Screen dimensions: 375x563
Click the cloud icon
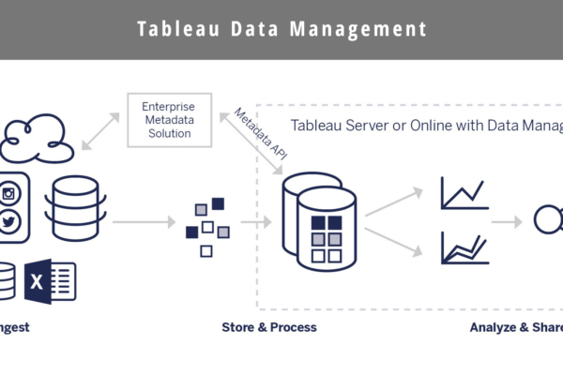tap(38, 138)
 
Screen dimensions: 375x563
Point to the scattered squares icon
tap(208, 224)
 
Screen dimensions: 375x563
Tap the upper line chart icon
tap(463, 194)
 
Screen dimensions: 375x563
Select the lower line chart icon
tap(463, 247)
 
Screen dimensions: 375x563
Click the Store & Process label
tap(268, 327)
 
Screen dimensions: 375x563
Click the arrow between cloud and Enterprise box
tap(101, 130)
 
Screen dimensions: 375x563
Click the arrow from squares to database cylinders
tap(255, 223)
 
